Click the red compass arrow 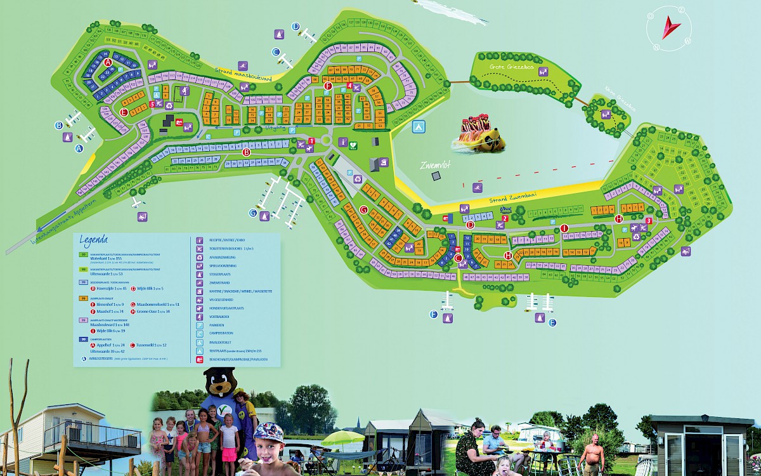coord(670,29)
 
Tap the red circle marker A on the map coord(108,62)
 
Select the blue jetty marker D coord(296,26)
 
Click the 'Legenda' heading coord(94,240)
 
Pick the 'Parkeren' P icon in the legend coord(199,324)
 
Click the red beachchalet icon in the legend coord(199,359)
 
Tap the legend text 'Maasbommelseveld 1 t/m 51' coord(159,305)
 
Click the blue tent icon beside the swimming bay coord(418,126)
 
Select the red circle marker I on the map coord(564,228)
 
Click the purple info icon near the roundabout coord(342,142)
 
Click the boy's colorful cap coord(269,432)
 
